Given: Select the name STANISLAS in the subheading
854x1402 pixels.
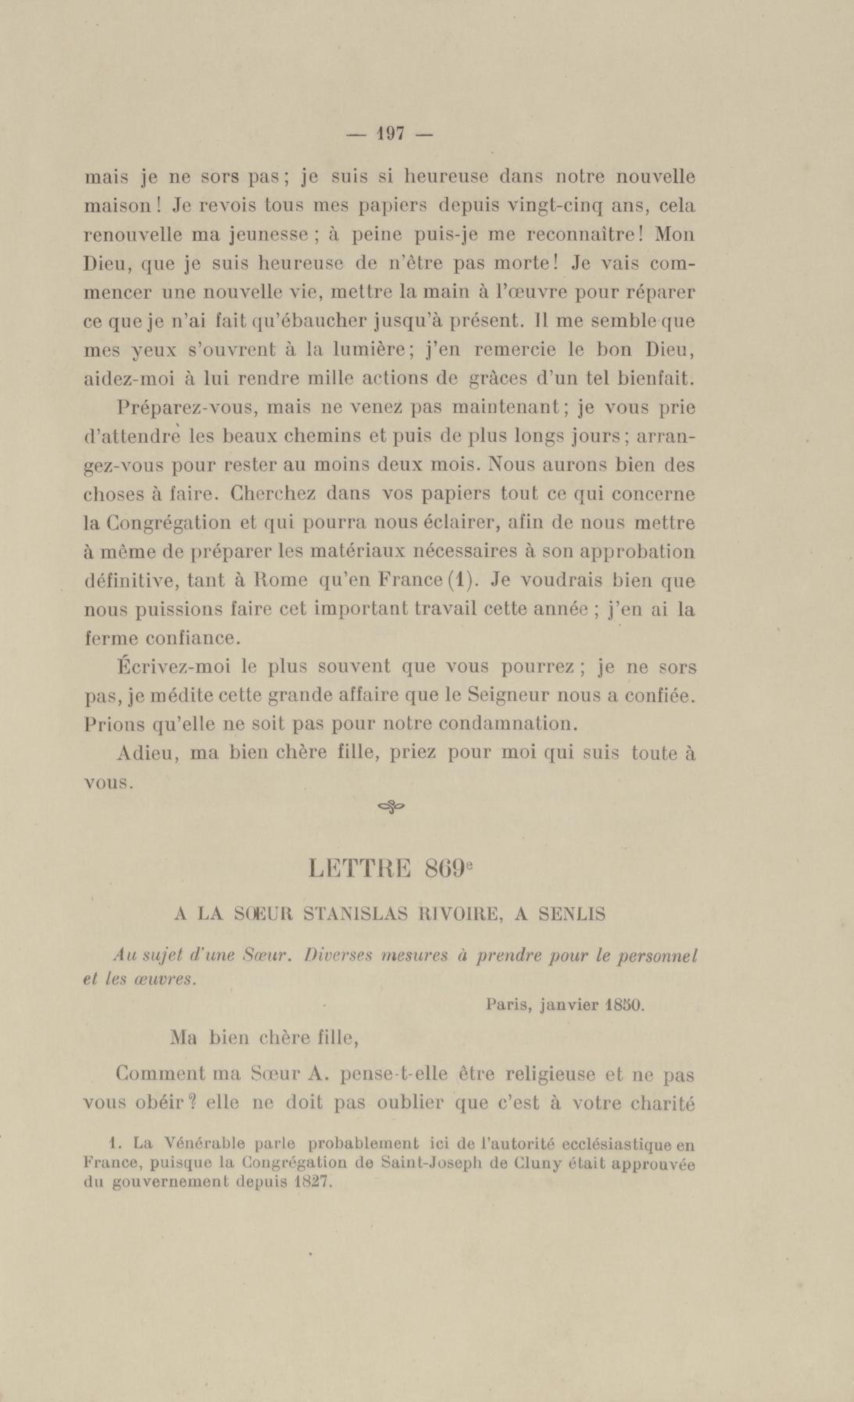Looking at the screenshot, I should (x=355, y=914).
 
